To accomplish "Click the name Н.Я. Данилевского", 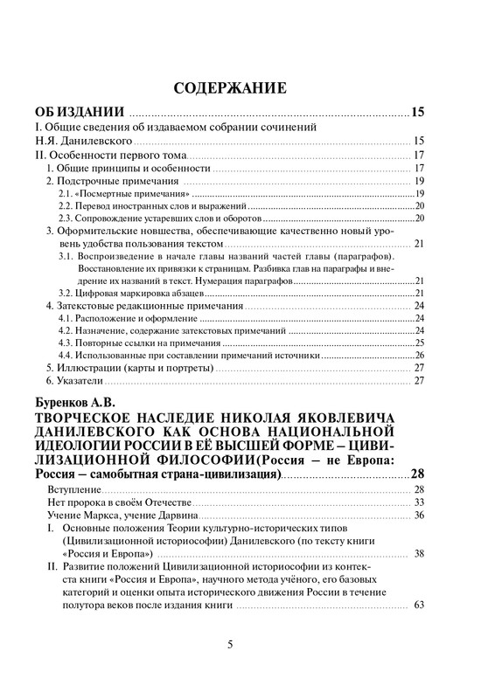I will (83, 141).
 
